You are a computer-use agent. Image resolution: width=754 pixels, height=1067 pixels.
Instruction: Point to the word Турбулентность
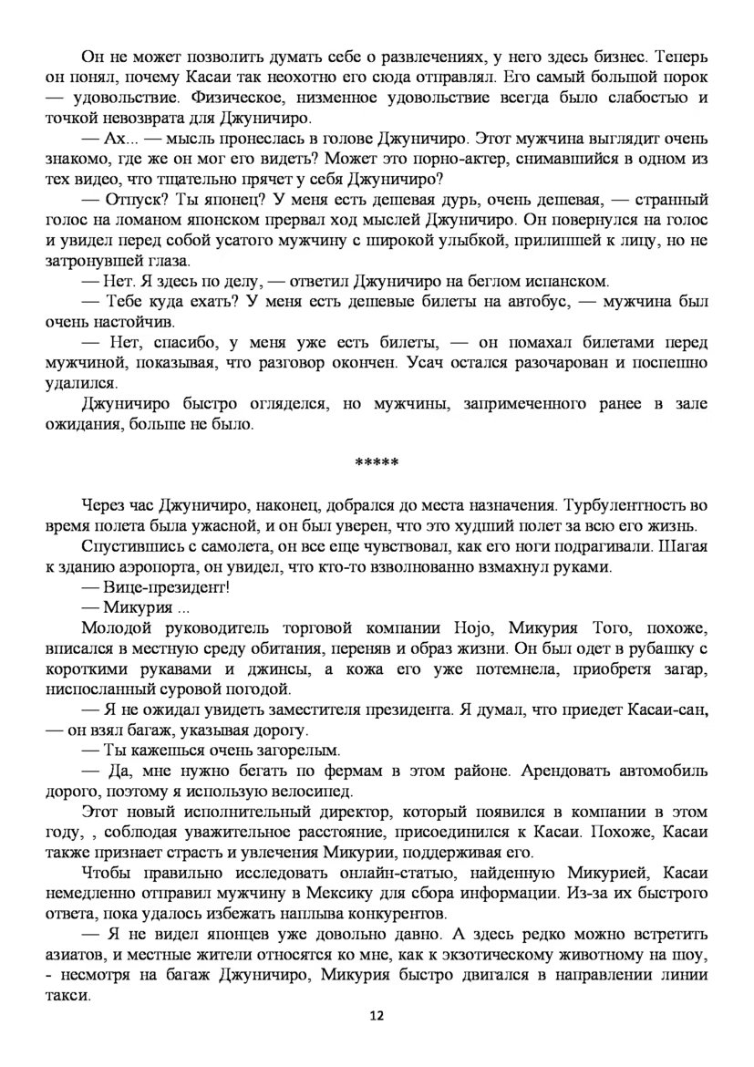point(631,504)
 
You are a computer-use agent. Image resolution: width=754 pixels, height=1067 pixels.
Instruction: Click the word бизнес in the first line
point(616,56)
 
